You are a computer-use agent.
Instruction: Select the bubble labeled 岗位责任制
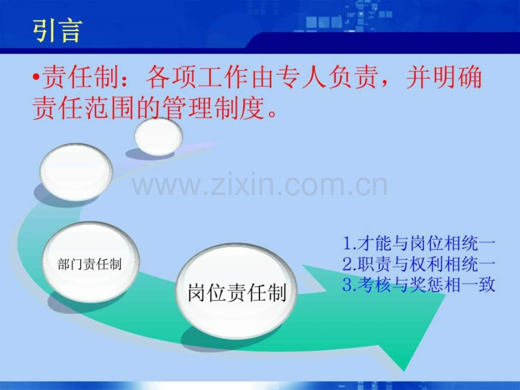pos(237,293)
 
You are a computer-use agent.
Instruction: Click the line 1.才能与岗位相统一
pos(419,244)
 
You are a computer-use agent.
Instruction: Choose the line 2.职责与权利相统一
pos(419,265)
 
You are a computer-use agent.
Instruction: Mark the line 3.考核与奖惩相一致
pos(419,285)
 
